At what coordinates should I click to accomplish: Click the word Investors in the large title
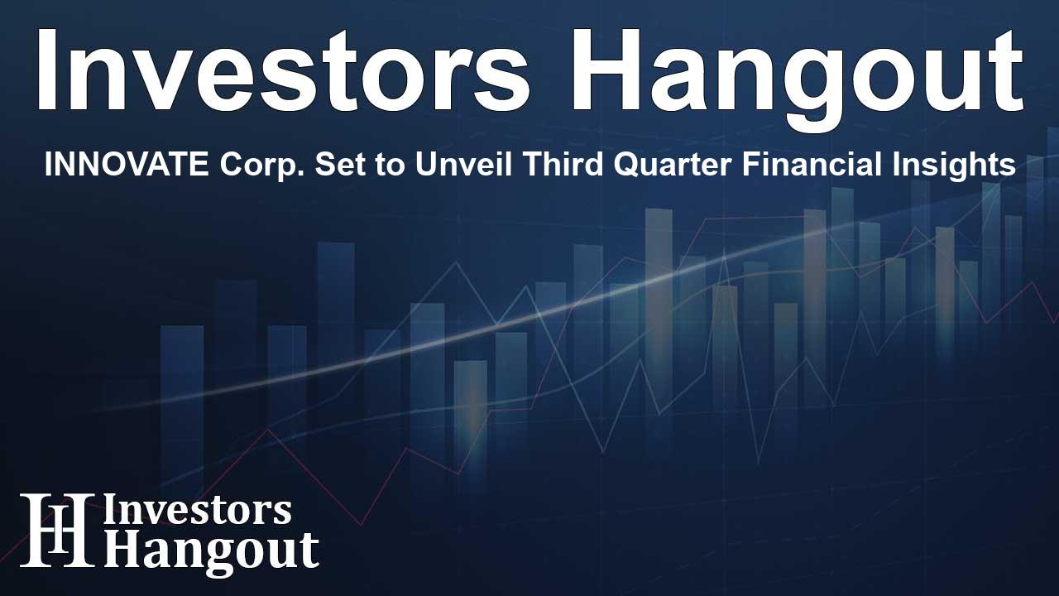click(x=283, y=70)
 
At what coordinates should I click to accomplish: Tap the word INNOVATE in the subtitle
click(x=127, y=165)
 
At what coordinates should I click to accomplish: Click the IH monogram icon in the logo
click(x=58, y=529)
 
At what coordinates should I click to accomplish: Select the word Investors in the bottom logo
click(x=197, y=511)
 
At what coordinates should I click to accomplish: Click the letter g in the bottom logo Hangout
click(x=214, y=558)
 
